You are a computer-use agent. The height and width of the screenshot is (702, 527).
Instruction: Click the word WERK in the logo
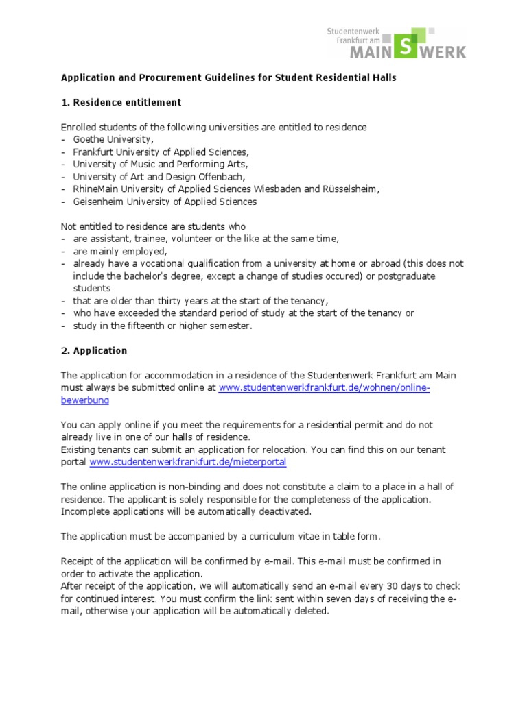point(443,52)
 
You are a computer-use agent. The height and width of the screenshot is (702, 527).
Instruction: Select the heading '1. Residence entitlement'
point(121,102)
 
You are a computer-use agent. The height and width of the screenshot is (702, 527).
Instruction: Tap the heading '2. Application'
point(94,350)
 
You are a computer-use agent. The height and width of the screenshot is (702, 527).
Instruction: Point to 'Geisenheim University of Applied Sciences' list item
point(165,202)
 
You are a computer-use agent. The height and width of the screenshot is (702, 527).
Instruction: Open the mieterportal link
point(187,462)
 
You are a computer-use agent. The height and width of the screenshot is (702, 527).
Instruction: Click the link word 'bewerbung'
point(84,400)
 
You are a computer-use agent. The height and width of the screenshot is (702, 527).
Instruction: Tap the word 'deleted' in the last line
point(313,611)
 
